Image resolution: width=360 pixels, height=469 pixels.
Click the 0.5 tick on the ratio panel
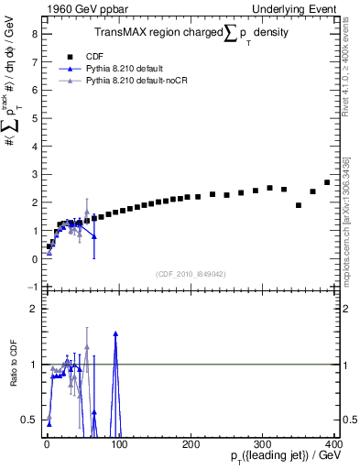pos(28,420)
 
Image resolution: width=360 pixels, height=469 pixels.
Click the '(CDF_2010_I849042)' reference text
pos(191,274)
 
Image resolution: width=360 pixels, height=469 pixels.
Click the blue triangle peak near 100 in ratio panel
pos(115,333)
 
